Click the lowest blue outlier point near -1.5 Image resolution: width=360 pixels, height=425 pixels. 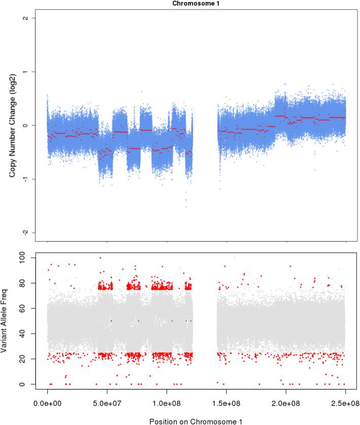tap(186, 207)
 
